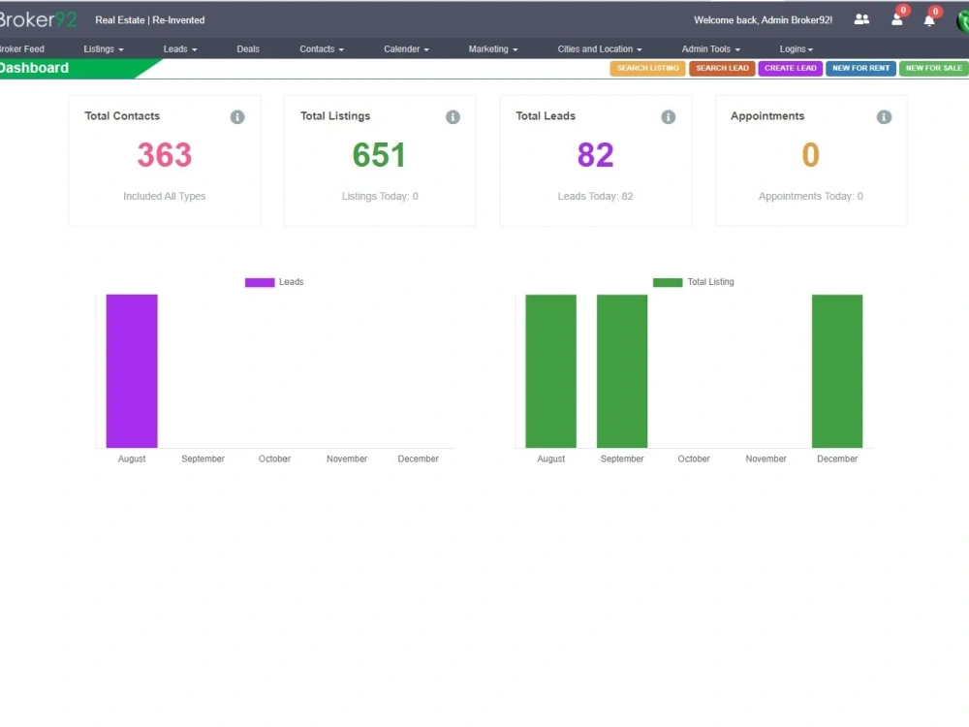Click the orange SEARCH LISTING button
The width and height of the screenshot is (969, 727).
click(647, 68)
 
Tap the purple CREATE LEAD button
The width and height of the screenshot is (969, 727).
click(791, 68)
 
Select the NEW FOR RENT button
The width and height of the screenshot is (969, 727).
click(860, 68)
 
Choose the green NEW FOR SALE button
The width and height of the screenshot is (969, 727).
click(934, 68)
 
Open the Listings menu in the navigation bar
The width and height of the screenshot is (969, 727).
click(104, 48)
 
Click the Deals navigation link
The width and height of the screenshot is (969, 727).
click(248, 48)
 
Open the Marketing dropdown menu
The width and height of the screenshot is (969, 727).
click(493, 48)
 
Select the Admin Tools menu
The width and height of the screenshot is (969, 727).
click(710, 48)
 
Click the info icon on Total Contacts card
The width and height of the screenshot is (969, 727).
click(237, 117)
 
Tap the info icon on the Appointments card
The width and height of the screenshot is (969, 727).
click(884, 117)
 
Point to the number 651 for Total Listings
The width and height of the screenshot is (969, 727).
click(379, 154)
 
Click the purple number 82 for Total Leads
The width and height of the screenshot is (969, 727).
click(595, 154)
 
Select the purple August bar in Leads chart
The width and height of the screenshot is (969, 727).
click(132, 371)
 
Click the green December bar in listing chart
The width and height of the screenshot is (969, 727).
click(837, 371)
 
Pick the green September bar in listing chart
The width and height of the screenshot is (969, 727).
click(622, 371)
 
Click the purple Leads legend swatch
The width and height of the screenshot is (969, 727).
click(260, 282)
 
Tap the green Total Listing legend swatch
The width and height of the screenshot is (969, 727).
click(668, 282)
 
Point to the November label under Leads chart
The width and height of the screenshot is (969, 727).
click(347, 458)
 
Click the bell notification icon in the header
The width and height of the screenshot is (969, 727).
click(929, 20)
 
